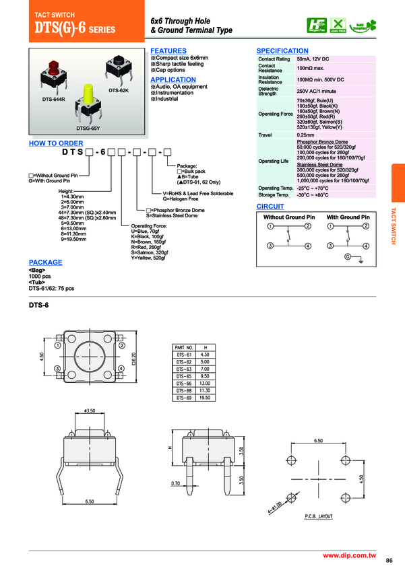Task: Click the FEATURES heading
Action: (168, 51)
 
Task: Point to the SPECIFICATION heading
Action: (282, 51)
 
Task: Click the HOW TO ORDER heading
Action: (55, 143)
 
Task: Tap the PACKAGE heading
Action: (45, 262)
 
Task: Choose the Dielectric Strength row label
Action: (268, 91)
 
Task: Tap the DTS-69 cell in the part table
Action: (185, 398)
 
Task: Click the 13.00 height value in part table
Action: (206, 383)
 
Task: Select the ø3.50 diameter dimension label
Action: (90, 410)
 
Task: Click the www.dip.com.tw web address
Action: (348, 555)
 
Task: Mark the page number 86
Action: (390, 561)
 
